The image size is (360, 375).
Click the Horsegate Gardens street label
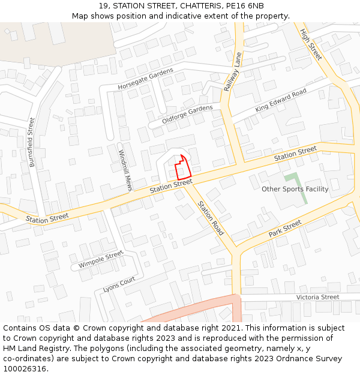(145, 79)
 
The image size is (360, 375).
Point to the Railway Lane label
(232, 71)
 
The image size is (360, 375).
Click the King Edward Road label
(280, 100)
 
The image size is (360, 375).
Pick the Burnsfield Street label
(32, 142)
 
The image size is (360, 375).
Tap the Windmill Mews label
(125, 170)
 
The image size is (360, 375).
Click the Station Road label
(211, 218)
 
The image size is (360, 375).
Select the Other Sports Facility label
(295, 189)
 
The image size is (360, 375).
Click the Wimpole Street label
(100, 260)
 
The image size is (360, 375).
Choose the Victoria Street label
(317, 297)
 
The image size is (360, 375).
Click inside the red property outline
(182, 168)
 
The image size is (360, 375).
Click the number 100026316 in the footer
(25, 369)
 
